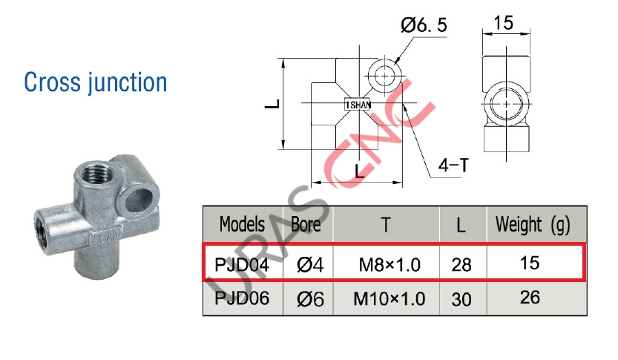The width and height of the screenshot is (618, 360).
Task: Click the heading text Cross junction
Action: (96, 82)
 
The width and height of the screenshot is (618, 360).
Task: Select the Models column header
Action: (242, 223)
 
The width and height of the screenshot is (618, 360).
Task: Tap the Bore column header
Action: (306, 223)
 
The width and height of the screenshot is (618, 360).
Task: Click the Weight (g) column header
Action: (533, 223)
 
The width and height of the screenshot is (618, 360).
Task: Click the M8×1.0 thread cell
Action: (389, 263)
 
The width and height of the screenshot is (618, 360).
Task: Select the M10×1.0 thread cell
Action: (389, 299)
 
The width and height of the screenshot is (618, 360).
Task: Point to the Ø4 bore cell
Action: (307, 263)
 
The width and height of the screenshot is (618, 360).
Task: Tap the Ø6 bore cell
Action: (307, 299)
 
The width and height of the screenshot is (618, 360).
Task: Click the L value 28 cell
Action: (461, 263)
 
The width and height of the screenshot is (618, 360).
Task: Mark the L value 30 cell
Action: (461, 299)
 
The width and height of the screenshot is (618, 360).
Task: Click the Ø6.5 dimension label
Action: (424, 26)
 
